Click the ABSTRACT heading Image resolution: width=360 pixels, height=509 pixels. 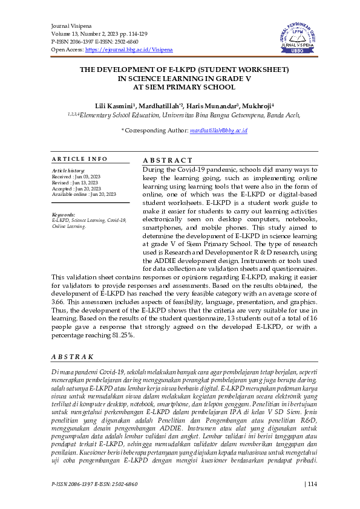click(x=167, y=160)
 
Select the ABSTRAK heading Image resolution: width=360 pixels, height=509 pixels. click(x=72, y=357)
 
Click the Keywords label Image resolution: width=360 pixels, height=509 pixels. click(x=64, y=215)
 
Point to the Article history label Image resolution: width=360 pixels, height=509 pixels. click(x=68, y=171)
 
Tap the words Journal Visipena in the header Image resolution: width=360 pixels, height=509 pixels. click(x=70, y=27)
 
